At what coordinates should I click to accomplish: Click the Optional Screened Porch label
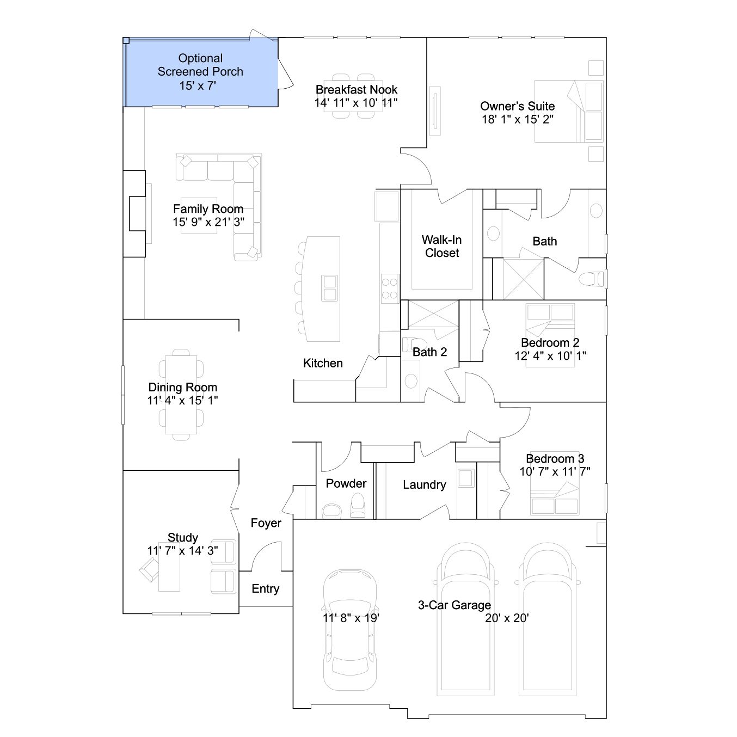pos(200,65)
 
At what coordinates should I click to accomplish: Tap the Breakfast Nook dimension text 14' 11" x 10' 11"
pos(356,102)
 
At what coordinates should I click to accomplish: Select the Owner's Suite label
pos(518,106)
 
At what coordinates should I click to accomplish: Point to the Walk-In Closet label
pos(442,247)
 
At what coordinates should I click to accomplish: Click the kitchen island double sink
pos(329,288)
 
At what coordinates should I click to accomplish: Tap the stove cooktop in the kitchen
pos(390,288)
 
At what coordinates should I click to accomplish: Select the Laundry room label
pos(425,484)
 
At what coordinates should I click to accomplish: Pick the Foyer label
pos(266,523)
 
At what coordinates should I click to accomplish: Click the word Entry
pos(266,588)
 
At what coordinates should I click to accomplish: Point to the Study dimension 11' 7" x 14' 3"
pos(183,550)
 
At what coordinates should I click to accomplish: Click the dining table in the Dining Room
pos(181,395)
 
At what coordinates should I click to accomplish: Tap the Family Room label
pos(208,209)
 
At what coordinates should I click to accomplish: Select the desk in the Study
pos(169,567)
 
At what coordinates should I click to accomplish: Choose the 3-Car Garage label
pos(455,605)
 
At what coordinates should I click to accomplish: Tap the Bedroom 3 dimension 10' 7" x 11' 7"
pos(555,471)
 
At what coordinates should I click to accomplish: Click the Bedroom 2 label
pos(550,342)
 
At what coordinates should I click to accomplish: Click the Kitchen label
pos(323,363)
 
